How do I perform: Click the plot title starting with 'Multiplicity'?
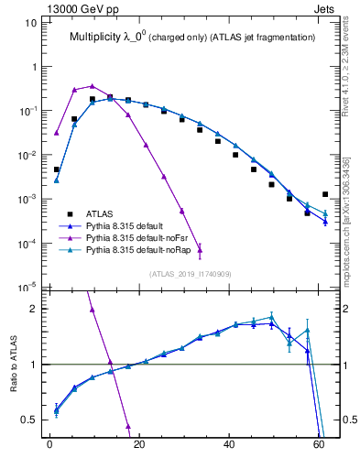(x=193, y=37)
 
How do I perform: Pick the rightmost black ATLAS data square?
(x=325, y=194)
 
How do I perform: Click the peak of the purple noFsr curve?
(x=92, y=85)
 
